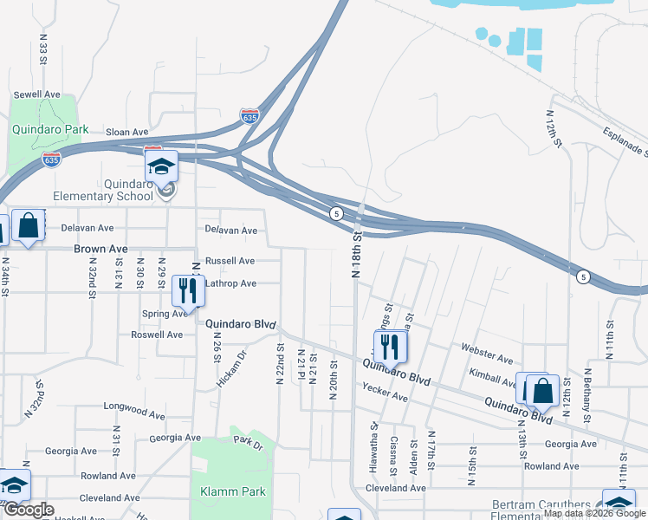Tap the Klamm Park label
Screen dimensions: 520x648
(x=232, y=491)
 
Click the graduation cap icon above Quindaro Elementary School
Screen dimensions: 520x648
(x=160, y=166)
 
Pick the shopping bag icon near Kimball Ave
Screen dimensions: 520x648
(x=542, y=392)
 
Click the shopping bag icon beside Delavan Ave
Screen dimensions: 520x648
(x=29, y=225)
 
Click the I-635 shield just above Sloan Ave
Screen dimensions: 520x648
(x=249, y=115)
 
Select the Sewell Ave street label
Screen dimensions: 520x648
(x=36, y=94)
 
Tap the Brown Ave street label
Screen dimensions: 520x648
(x=100, y=249)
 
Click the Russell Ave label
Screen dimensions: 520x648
(x=230, y=260)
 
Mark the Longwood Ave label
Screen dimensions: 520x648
(x=127, y=405)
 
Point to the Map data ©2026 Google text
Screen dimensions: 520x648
(x=593, y=514)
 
